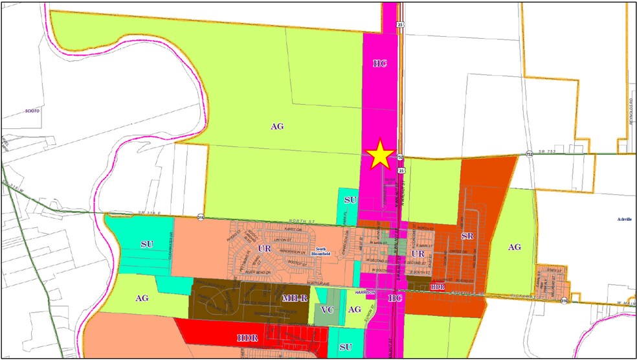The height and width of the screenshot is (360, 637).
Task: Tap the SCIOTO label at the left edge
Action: tap(32, 111)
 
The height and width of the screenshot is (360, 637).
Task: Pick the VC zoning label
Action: tap(328, 310)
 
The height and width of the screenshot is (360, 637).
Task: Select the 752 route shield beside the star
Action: tap(401, 157)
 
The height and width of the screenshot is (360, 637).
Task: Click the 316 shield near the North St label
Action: tap(201, 218)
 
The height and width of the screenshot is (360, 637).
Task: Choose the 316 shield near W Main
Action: tap(565, 300)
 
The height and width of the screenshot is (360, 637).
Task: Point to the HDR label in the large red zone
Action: tap(248, 337)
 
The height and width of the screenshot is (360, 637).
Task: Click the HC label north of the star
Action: tap(379, 63)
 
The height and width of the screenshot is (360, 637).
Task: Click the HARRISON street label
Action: tap(366, 292)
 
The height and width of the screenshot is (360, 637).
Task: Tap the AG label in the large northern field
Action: tap(277, 126)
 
